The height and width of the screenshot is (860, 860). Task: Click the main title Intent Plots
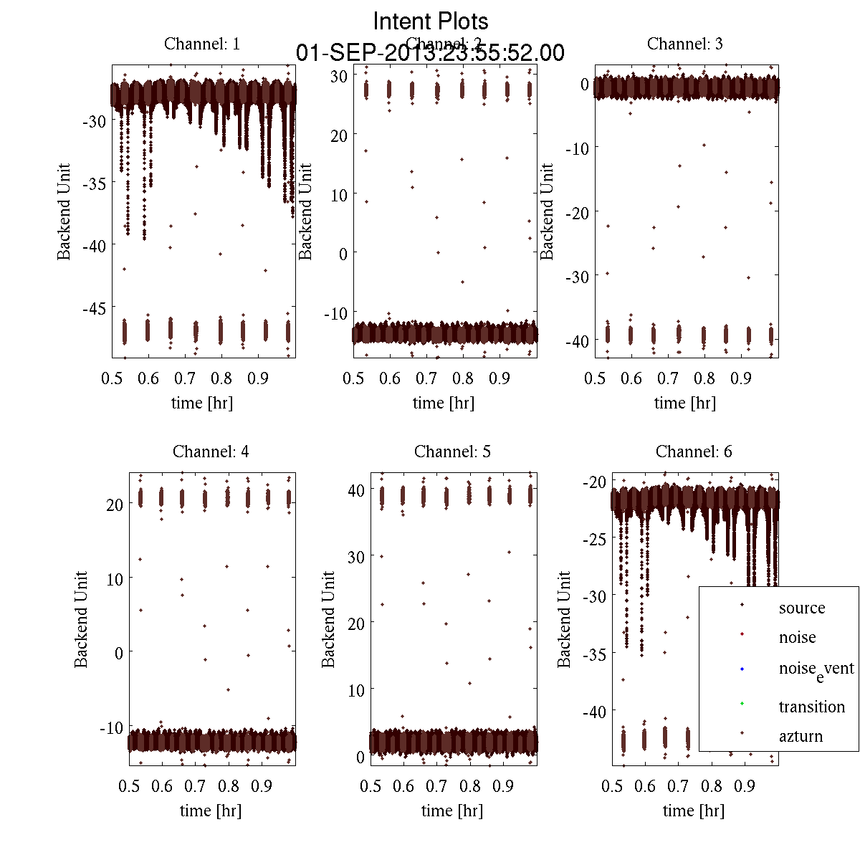431,21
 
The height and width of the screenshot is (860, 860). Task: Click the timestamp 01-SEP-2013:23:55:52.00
431,53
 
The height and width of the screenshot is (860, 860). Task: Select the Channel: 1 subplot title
202,44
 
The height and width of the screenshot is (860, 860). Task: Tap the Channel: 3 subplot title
685,44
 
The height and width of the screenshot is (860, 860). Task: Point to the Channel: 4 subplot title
211,451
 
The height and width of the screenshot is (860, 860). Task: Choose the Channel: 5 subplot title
452,451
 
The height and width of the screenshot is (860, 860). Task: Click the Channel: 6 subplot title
694,451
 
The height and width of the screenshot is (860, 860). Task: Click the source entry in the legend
802,608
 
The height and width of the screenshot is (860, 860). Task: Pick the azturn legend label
801,736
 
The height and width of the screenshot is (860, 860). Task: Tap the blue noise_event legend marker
742,669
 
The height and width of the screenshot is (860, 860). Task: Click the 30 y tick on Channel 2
339,76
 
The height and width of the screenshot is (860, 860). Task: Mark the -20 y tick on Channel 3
577,212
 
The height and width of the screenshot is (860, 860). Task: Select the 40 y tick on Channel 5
355,490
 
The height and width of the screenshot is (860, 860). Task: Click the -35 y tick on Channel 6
596,654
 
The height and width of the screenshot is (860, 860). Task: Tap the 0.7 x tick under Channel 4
196,786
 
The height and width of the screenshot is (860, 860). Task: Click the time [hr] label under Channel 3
684,403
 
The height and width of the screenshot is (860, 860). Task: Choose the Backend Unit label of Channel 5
328,619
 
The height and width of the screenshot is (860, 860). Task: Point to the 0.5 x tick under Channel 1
112,378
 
